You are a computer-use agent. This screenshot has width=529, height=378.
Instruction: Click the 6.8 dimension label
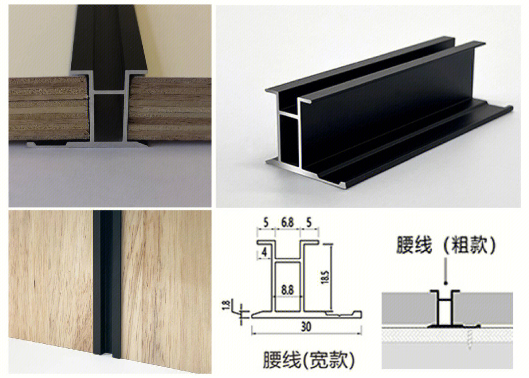click(287, 223)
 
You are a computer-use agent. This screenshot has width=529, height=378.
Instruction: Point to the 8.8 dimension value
click(288, 290)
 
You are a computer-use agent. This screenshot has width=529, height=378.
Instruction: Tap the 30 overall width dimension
click(306, 327)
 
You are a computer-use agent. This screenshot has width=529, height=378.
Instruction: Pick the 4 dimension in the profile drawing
click(264, 252)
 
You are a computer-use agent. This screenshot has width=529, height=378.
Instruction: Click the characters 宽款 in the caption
click(329, 360)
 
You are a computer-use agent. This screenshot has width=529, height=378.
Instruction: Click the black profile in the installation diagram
click(446, 308)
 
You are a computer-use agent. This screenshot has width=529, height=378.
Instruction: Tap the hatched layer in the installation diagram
click(447, 335)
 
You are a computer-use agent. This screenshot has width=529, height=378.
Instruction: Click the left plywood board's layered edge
click(49, 108)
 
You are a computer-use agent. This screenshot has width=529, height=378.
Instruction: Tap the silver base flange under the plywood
click(87, 144)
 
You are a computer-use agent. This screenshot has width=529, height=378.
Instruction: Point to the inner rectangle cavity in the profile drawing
click(288, 286)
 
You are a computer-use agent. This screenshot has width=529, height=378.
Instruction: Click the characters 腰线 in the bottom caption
click(282, 360)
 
